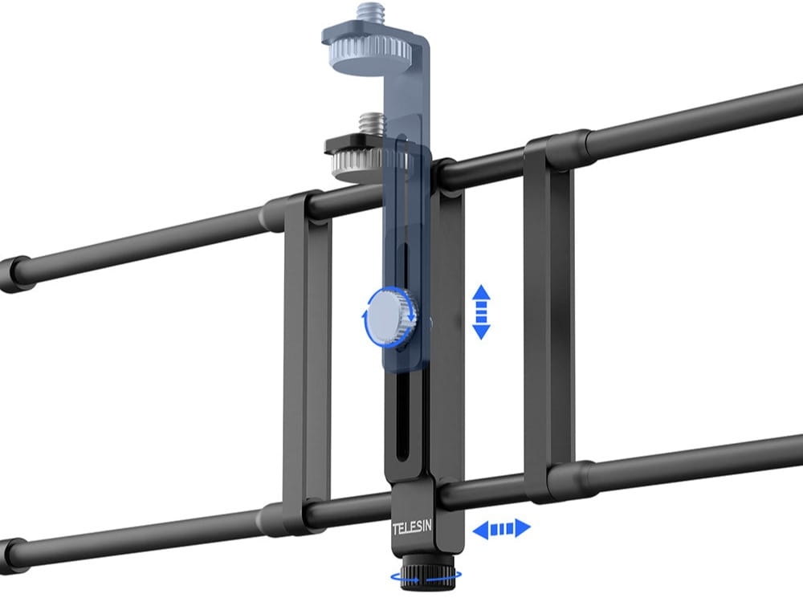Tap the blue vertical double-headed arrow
pyautogui.click(x=481, y=312)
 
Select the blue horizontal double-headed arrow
pyautogui.click(x=501, y=528)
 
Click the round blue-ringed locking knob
pyautogui.click(x=390, y=316)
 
